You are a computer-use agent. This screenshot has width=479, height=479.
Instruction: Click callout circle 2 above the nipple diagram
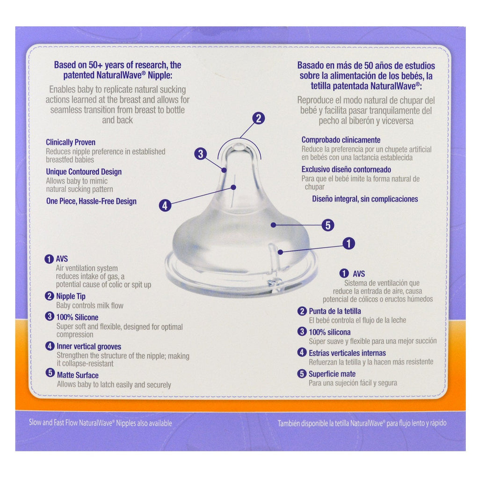coord(258,118)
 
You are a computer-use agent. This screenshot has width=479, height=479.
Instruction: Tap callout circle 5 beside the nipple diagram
coord(328,225)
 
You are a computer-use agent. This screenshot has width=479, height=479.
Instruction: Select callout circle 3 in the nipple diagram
coord(201,153)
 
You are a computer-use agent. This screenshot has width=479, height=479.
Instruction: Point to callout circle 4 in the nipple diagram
coord(164,205)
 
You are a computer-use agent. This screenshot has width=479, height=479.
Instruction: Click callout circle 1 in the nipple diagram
coord(348,243)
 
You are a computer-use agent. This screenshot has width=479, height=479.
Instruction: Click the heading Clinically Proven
coord(71,142)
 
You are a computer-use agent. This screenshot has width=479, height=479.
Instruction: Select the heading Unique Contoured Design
coord(84,172)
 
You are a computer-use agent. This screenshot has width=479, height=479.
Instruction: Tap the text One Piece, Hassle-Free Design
coord(91,201)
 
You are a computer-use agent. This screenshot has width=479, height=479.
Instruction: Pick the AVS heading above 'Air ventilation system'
coord(63,258)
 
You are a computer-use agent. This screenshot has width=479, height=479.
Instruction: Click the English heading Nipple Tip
coord(71,296)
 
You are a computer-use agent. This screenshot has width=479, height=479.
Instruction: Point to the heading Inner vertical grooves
coord(88,347)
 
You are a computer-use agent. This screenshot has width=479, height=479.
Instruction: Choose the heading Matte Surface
coord(77,375)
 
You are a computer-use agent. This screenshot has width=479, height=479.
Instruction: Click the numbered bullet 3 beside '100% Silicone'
coord(50,317)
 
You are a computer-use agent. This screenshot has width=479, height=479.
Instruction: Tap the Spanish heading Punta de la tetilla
coord(334,311)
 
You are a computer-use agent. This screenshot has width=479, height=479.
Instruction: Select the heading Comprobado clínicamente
coord(341,140)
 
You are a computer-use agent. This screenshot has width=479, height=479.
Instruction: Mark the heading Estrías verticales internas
coord(347,353)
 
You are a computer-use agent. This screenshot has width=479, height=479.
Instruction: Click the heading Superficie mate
coord(332,374)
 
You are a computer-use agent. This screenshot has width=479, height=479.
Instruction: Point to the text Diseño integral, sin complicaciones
coord(365,199)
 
